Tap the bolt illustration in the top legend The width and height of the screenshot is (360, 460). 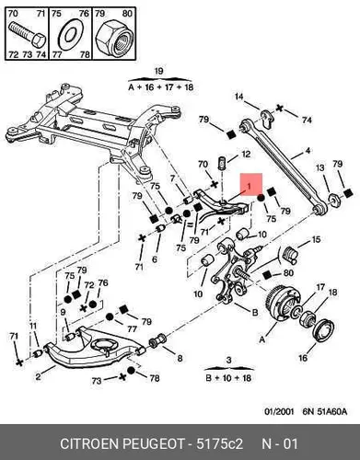27,34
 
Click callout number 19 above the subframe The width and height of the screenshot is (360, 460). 158,72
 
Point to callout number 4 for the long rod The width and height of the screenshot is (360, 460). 308,151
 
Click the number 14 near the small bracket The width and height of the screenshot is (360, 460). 239,97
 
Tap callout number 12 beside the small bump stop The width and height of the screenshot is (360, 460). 246,155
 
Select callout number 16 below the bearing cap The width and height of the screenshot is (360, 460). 303,358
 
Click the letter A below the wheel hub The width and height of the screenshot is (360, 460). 261,339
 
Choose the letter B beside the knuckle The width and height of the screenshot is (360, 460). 255,313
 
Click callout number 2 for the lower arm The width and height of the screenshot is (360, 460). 38,376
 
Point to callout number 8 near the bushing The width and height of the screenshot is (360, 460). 180,358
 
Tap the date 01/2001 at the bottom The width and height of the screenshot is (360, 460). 279,411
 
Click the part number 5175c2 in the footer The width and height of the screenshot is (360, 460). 219,444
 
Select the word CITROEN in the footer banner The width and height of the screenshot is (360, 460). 89,444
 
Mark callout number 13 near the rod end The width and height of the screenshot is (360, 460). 320,168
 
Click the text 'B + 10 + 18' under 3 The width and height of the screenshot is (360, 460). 228,377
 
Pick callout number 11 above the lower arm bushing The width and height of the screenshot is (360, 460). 33,326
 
